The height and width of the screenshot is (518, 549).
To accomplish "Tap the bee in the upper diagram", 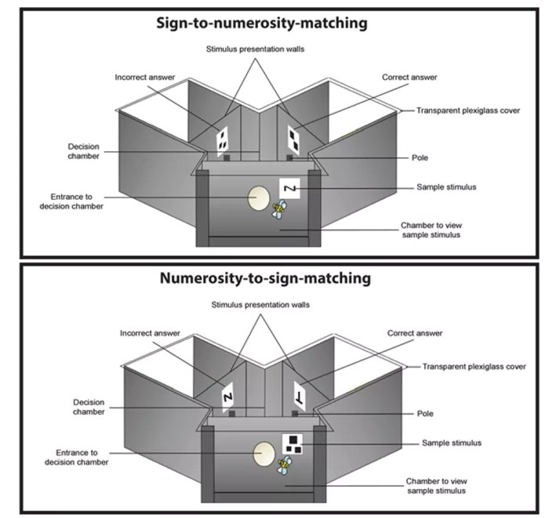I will pyautogui.click(x=279, y=209).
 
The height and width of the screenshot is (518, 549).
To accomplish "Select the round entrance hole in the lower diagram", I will pyautogui.click(x=263, y=454).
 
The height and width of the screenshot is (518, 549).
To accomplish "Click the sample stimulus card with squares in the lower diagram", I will pyautogui.click(x=294, y=444).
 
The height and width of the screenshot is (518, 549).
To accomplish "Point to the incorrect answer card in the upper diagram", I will pyautogui.click(x=223, y=139).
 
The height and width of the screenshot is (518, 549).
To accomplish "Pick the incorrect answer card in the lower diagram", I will pyautogui.click(x=229, y=396).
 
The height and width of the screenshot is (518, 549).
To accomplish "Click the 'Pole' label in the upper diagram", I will pyautogui.click(x=420, y=158).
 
